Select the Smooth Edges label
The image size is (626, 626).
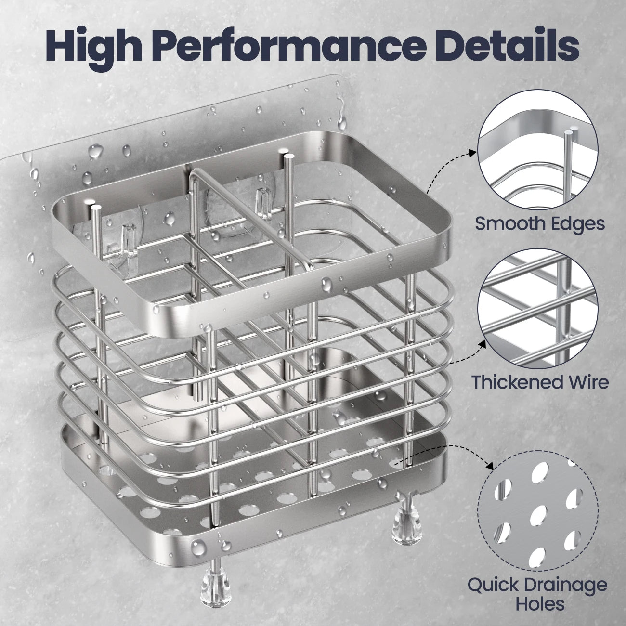click(x=540, y=223)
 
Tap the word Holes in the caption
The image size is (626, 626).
click(x=540, y=604)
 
